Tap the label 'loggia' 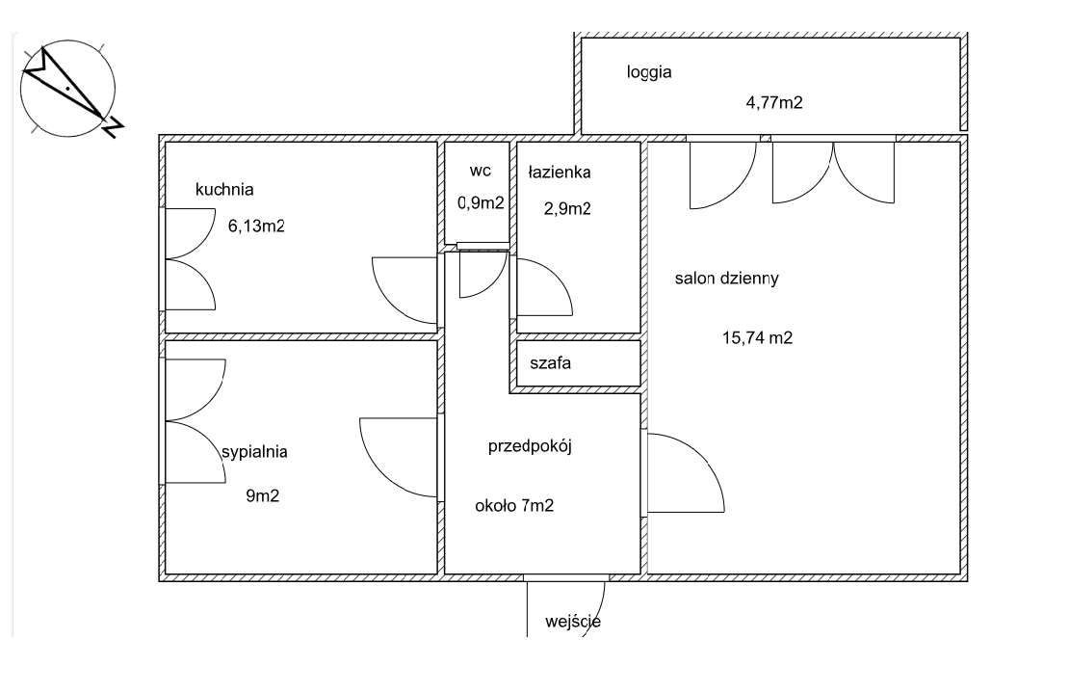pyautogui.click(x=648, y=72)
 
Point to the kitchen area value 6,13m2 pyautogui.click(x=256, y=227)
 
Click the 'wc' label pyautogui.click(x=480, y=171)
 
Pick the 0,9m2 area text pyautogui.click(x=480, y=202)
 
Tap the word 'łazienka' pyautogui.click(x=560, y=173)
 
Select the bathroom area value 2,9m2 pyautogui.click(x=566, y=207)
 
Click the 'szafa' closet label pyautogui.click(x=551, y=364)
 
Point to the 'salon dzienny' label pyautogui.click(x=726, y=280)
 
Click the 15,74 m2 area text pyautogui.click(x=757, y=337)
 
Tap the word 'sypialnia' pyautogui.click(x=254, y=451)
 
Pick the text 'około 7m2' pyautogui.click(x=514, y=506)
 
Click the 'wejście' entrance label pyautogui.click(x=572, y=622)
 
